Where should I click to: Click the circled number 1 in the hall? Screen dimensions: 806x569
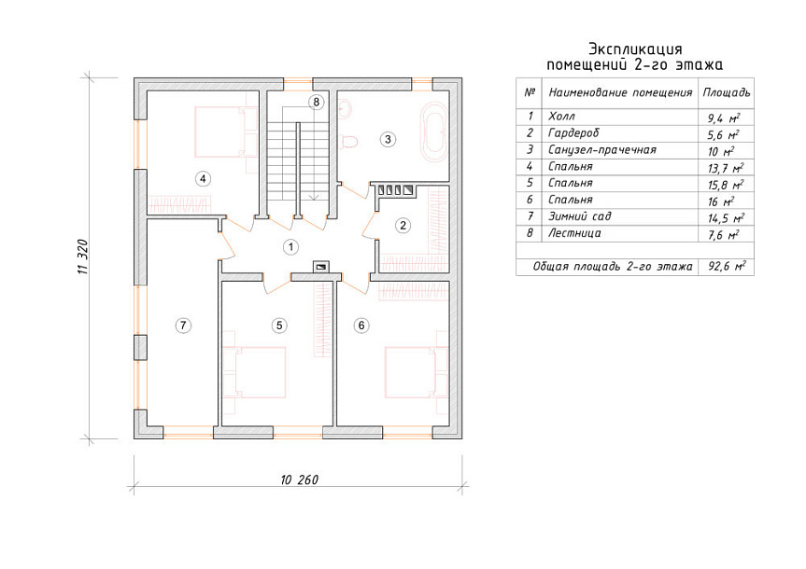(x=291, y=247)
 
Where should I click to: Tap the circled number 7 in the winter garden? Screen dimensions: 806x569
(x=183, y=325)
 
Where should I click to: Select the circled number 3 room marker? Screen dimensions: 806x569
(x=388, y=139)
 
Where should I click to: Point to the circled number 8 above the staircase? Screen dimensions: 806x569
(x=316, y=103)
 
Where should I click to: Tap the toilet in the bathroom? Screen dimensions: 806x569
(x=349, y=140)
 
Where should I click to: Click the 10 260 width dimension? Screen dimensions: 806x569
(x=300, y=479)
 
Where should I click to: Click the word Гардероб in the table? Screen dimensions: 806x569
(x=573, y=133)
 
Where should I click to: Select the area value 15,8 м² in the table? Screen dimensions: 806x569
(x=726, y=185)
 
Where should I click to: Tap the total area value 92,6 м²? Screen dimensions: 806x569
(x=727, y=267)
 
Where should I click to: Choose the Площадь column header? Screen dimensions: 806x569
(x=727, y=93)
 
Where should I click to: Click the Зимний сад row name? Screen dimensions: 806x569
(x=580, y=216)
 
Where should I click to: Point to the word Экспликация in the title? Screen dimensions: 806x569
(x=635, y=49)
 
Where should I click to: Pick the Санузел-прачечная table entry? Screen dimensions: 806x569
(x=601, y=150)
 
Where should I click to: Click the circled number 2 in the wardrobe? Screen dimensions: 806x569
(x=403, y=225)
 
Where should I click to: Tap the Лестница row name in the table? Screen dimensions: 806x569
(x=574, y=233)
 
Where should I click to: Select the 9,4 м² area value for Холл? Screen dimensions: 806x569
(x=724, y=118)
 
